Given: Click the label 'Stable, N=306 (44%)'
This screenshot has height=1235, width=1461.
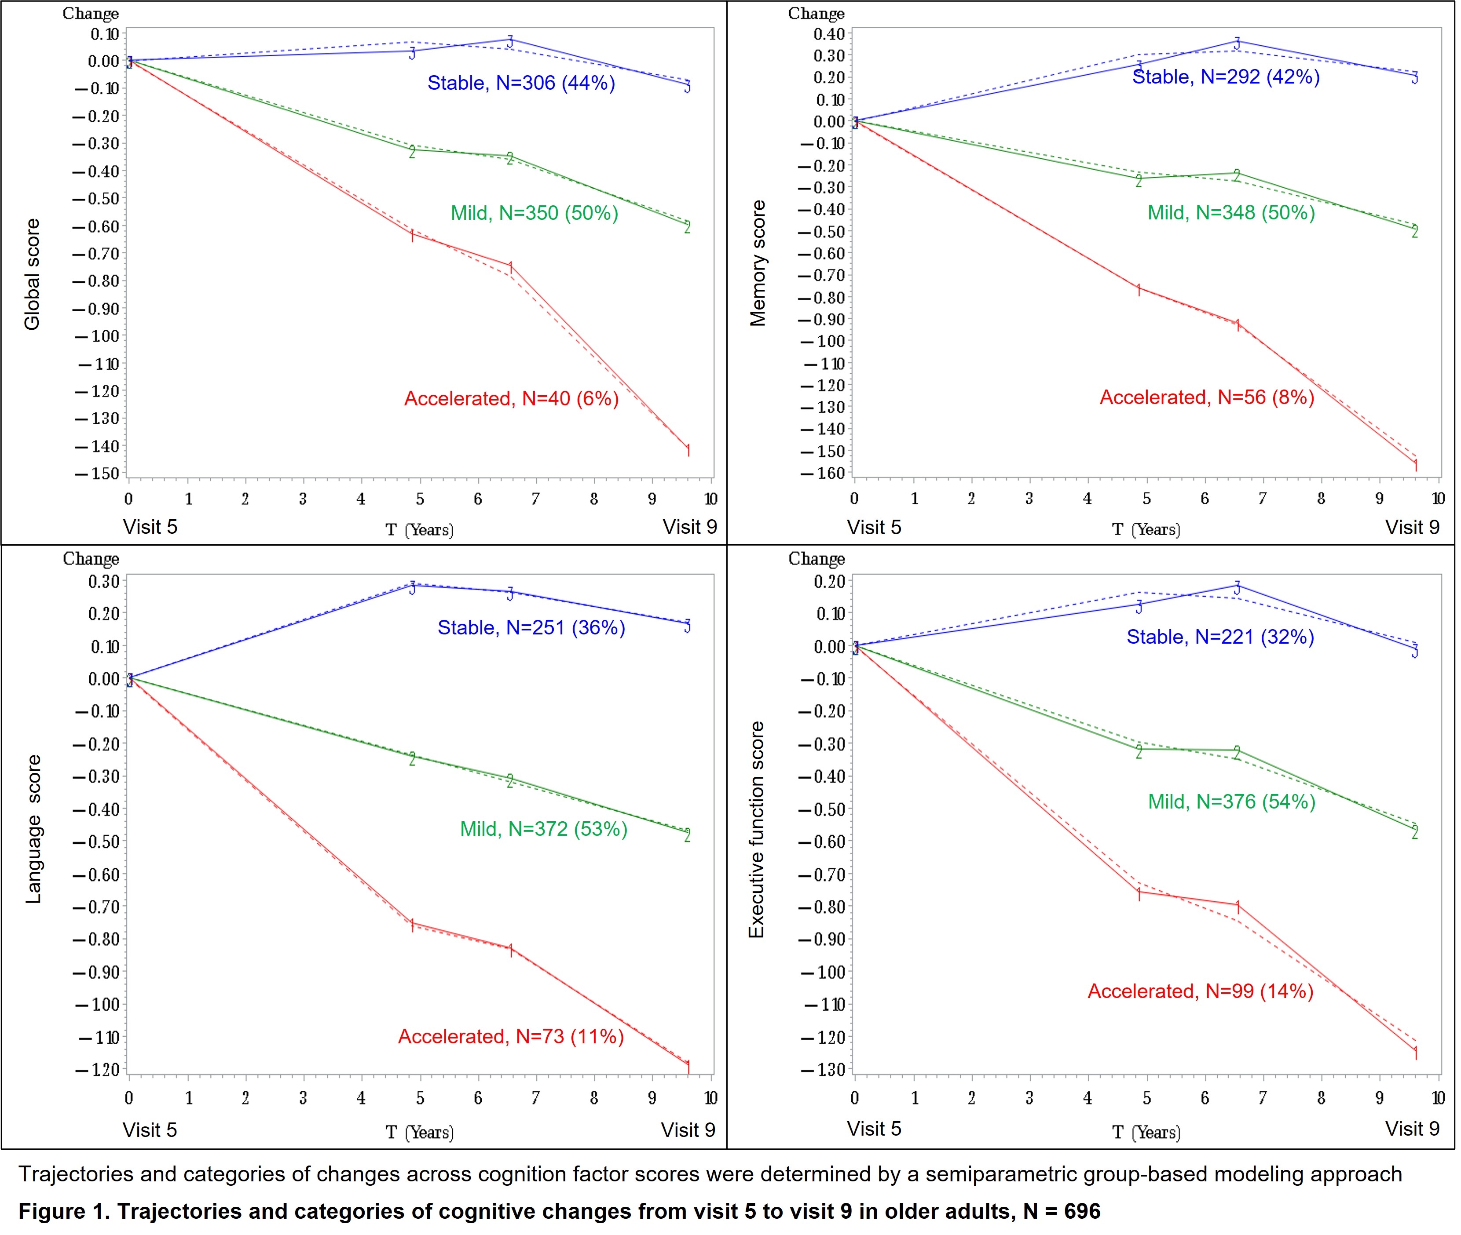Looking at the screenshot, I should (521, 83).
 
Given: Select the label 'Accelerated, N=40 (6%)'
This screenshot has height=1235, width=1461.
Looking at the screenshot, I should (511, 399).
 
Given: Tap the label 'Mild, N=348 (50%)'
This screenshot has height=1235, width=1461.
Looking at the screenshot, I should (1230, 213).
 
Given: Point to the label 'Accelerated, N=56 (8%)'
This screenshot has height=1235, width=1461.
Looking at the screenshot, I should (1206, 397).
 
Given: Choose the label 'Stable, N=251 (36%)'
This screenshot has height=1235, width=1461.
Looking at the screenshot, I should (531, 628).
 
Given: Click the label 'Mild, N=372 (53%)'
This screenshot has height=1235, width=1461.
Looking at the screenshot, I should (543, 830).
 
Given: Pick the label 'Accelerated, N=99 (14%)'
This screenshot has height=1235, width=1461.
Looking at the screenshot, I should (1200, 992).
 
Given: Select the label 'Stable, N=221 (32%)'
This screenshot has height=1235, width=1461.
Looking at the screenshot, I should (1219, 637).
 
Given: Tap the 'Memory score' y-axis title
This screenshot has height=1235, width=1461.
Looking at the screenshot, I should (758, 263).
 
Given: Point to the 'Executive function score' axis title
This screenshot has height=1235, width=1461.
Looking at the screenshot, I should (756, 830).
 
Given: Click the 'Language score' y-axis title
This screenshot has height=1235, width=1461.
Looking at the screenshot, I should (33, 830).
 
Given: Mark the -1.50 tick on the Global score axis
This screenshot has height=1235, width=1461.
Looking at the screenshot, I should (97, 473).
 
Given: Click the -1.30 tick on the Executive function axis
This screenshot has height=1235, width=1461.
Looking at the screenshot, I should (824, 1070).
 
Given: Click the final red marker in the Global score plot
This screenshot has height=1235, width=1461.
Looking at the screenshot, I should (688, 450).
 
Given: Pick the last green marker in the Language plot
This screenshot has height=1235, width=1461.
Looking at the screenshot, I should (687, 835).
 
